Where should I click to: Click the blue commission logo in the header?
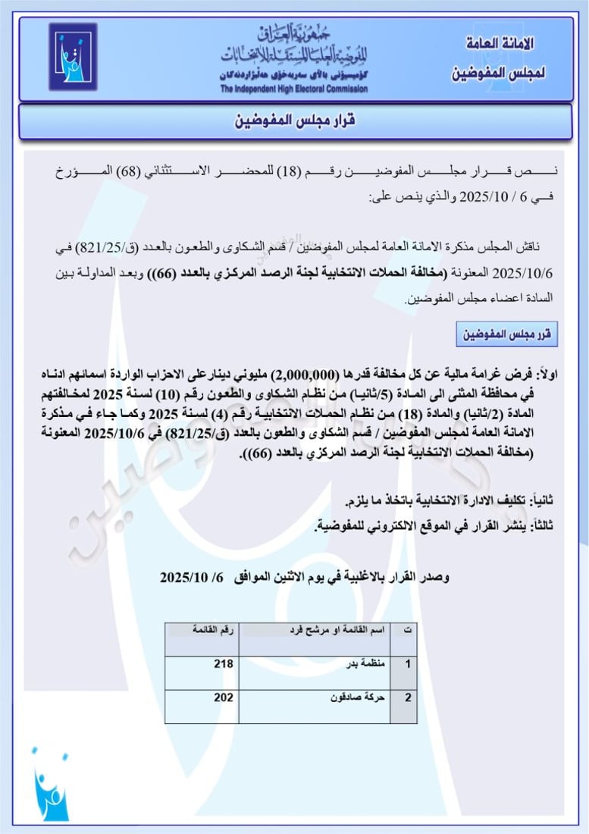(73, 56)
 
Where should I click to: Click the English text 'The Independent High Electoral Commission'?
(294, 89)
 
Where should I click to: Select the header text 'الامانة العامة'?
(497, 43)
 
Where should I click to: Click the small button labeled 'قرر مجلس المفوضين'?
(506, 334)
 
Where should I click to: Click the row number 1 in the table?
(408, 663)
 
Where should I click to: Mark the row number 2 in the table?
(408, 698)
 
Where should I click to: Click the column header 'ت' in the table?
(408, 630)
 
